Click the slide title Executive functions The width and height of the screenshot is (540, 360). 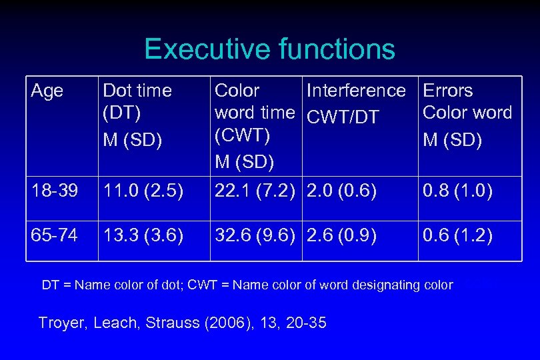coord(269,49)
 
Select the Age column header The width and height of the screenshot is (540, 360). coord(47,91)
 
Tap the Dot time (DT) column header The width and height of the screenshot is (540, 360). coord(137,101)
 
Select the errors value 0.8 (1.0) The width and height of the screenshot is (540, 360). coord(458,192)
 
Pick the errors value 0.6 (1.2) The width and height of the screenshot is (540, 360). coord(458,236)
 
